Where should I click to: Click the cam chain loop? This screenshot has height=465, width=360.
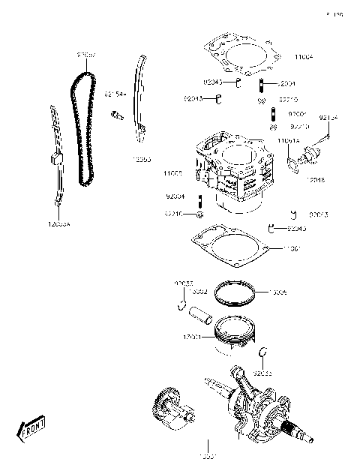click(77, 127)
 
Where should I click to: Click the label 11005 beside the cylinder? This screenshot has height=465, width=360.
click(173, 173)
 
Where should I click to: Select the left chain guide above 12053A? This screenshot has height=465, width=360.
click(55, 157)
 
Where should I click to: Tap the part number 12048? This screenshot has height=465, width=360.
click(316, 180)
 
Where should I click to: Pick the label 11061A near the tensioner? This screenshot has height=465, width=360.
click(289, 140)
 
